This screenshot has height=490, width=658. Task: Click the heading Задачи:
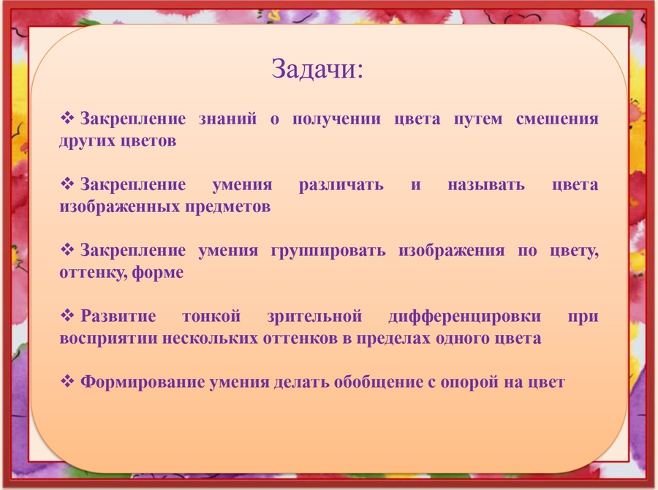click(x=317, y=69)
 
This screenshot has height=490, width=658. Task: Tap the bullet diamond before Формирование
click(x=67, y=381)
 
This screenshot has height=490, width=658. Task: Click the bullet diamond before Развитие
click(x=67, y=315)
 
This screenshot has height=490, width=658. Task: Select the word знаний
click(x=227, y=118)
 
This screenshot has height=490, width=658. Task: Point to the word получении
click(x=336, y=119)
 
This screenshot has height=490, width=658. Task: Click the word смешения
click(x=557, y=119)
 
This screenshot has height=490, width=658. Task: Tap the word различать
click(x=341, y=185)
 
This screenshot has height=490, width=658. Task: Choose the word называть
click(x=486, y=185)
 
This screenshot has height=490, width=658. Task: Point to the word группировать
click(x=328, y=251)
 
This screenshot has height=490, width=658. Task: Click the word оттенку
click(x=93, y=273)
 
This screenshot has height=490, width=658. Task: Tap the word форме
click(x=158, y=273)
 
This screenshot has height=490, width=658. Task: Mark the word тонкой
click(x=211, y=316)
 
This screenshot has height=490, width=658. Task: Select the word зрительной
click(x=314, y=317)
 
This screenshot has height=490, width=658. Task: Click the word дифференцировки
click(x=465, y=317)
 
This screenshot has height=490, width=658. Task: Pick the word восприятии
click(x=108, y=339)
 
